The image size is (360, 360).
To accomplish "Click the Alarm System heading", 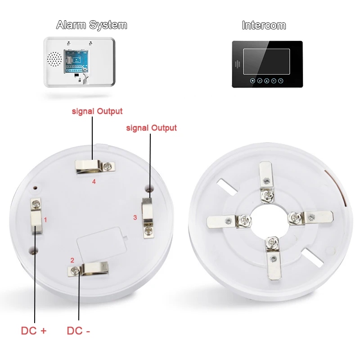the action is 92,25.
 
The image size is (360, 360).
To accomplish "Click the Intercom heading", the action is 264,25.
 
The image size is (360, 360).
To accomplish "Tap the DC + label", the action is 34,331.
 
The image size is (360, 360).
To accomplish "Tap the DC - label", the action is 78,331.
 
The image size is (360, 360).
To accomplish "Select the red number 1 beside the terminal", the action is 45,220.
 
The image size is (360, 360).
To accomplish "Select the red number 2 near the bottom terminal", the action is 72,261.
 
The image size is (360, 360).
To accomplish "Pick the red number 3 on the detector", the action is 135,217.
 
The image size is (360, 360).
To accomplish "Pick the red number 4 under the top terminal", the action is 94,182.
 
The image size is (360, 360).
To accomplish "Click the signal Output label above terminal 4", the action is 97,111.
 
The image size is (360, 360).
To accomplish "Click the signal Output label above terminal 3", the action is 152,128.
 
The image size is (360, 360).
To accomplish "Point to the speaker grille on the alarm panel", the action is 54,59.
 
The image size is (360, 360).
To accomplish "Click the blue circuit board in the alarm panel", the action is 76,62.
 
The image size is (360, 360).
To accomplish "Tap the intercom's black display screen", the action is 266,62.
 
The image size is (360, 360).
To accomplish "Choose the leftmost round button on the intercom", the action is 252,81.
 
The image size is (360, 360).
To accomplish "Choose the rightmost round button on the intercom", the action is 280,81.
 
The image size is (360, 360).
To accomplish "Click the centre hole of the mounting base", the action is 270,220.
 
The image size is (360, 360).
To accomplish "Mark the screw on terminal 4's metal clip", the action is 107,166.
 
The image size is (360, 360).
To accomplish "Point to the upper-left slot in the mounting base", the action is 227,187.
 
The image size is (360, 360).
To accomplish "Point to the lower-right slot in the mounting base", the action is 313,257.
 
